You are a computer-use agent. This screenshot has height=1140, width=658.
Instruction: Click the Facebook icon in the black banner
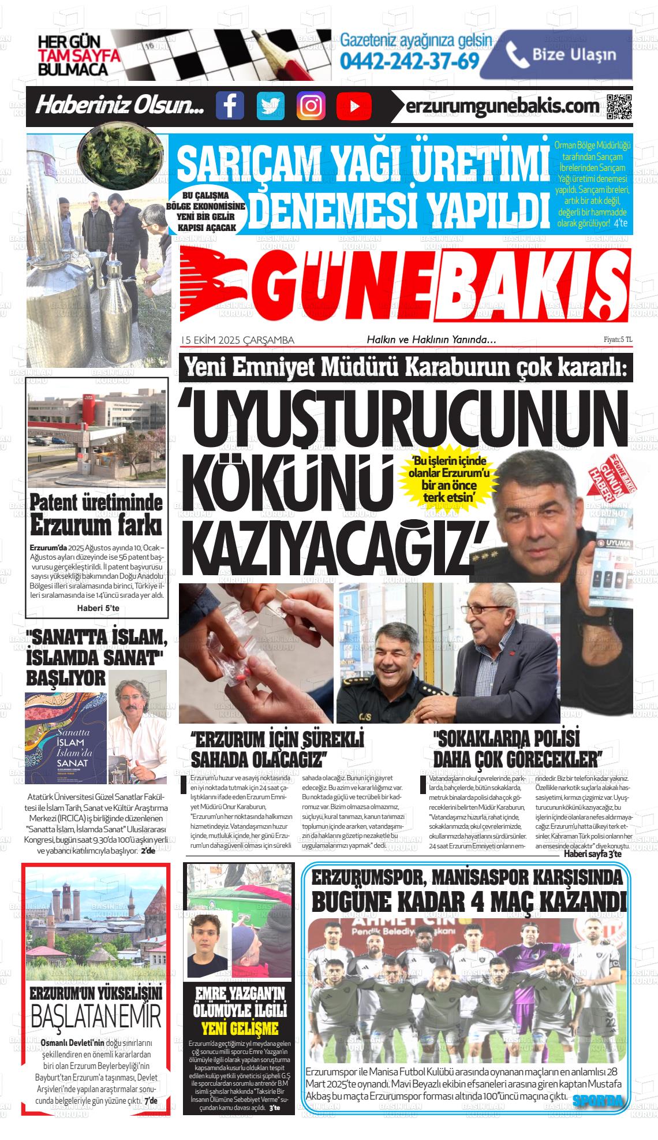pyautogui.click(x=230, y=106)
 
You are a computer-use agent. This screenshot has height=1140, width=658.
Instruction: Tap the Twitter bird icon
pyautogui.click(x=271, y=106)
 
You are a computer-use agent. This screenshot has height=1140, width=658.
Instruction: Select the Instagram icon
pyautogui.click(x=311, y=106)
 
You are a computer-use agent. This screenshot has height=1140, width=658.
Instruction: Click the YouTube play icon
pyautogui.click(x=353, y=106)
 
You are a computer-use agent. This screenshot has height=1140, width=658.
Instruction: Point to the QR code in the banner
pyautogui.click(x=619, y=106)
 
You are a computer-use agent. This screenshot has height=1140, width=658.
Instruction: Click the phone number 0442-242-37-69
pyautogui.click(x=410, y=61)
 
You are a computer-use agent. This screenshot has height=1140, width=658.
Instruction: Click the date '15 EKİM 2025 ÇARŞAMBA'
pyautogui.click(x=237, y=340)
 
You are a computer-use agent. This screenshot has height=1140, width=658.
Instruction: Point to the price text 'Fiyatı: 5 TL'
pyautogui.click(x=618, y=340)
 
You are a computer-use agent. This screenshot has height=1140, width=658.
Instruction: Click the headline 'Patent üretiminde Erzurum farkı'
pyautogui.click(x=96, y=513)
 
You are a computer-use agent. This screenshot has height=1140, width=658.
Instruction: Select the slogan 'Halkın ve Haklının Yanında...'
pyautogui.click(x=432, y=340)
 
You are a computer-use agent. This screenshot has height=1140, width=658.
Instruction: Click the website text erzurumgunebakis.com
pyautogui.click(x=502, y=106)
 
